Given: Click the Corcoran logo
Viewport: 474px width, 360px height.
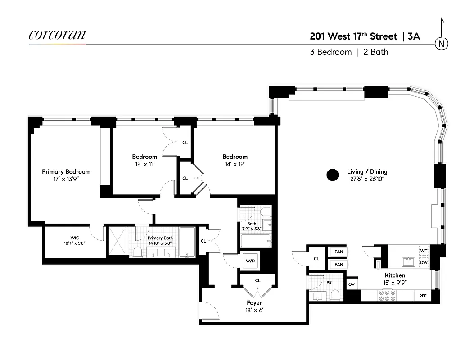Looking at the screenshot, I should (57, 35).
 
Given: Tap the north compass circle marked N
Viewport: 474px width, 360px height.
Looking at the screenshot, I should (442, 44).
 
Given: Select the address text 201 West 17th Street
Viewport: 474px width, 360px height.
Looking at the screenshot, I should (353, 36).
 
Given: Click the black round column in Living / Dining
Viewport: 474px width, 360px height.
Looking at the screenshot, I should (332, 175).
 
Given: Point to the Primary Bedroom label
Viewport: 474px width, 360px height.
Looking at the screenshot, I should (66, 171).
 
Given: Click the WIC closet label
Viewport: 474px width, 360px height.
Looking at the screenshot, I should (75, 238).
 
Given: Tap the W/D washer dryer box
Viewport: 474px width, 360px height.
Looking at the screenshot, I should (250, 261).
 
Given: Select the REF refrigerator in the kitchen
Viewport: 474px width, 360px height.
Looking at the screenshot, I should (423, 296).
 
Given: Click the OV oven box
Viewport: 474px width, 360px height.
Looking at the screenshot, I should (351, 284).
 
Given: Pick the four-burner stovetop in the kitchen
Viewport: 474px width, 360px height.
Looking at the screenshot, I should (387, 295).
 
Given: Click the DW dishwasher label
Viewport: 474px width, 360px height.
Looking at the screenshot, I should (424, 262).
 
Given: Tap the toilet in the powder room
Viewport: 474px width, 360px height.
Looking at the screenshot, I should (335, 295).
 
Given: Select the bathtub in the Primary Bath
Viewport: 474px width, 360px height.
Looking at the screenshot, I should (187, 242).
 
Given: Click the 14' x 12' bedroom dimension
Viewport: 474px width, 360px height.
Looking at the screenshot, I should (235, 164).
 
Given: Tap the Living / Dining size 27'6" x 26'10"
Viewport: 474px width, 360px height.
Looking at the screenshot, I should (367, 179).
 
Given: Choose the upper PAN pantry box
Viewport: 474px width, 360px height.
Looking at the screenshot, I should (339, 252).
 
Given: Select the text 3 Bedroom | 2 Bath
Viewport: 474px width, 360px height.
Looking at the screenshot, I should (349, 52).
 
